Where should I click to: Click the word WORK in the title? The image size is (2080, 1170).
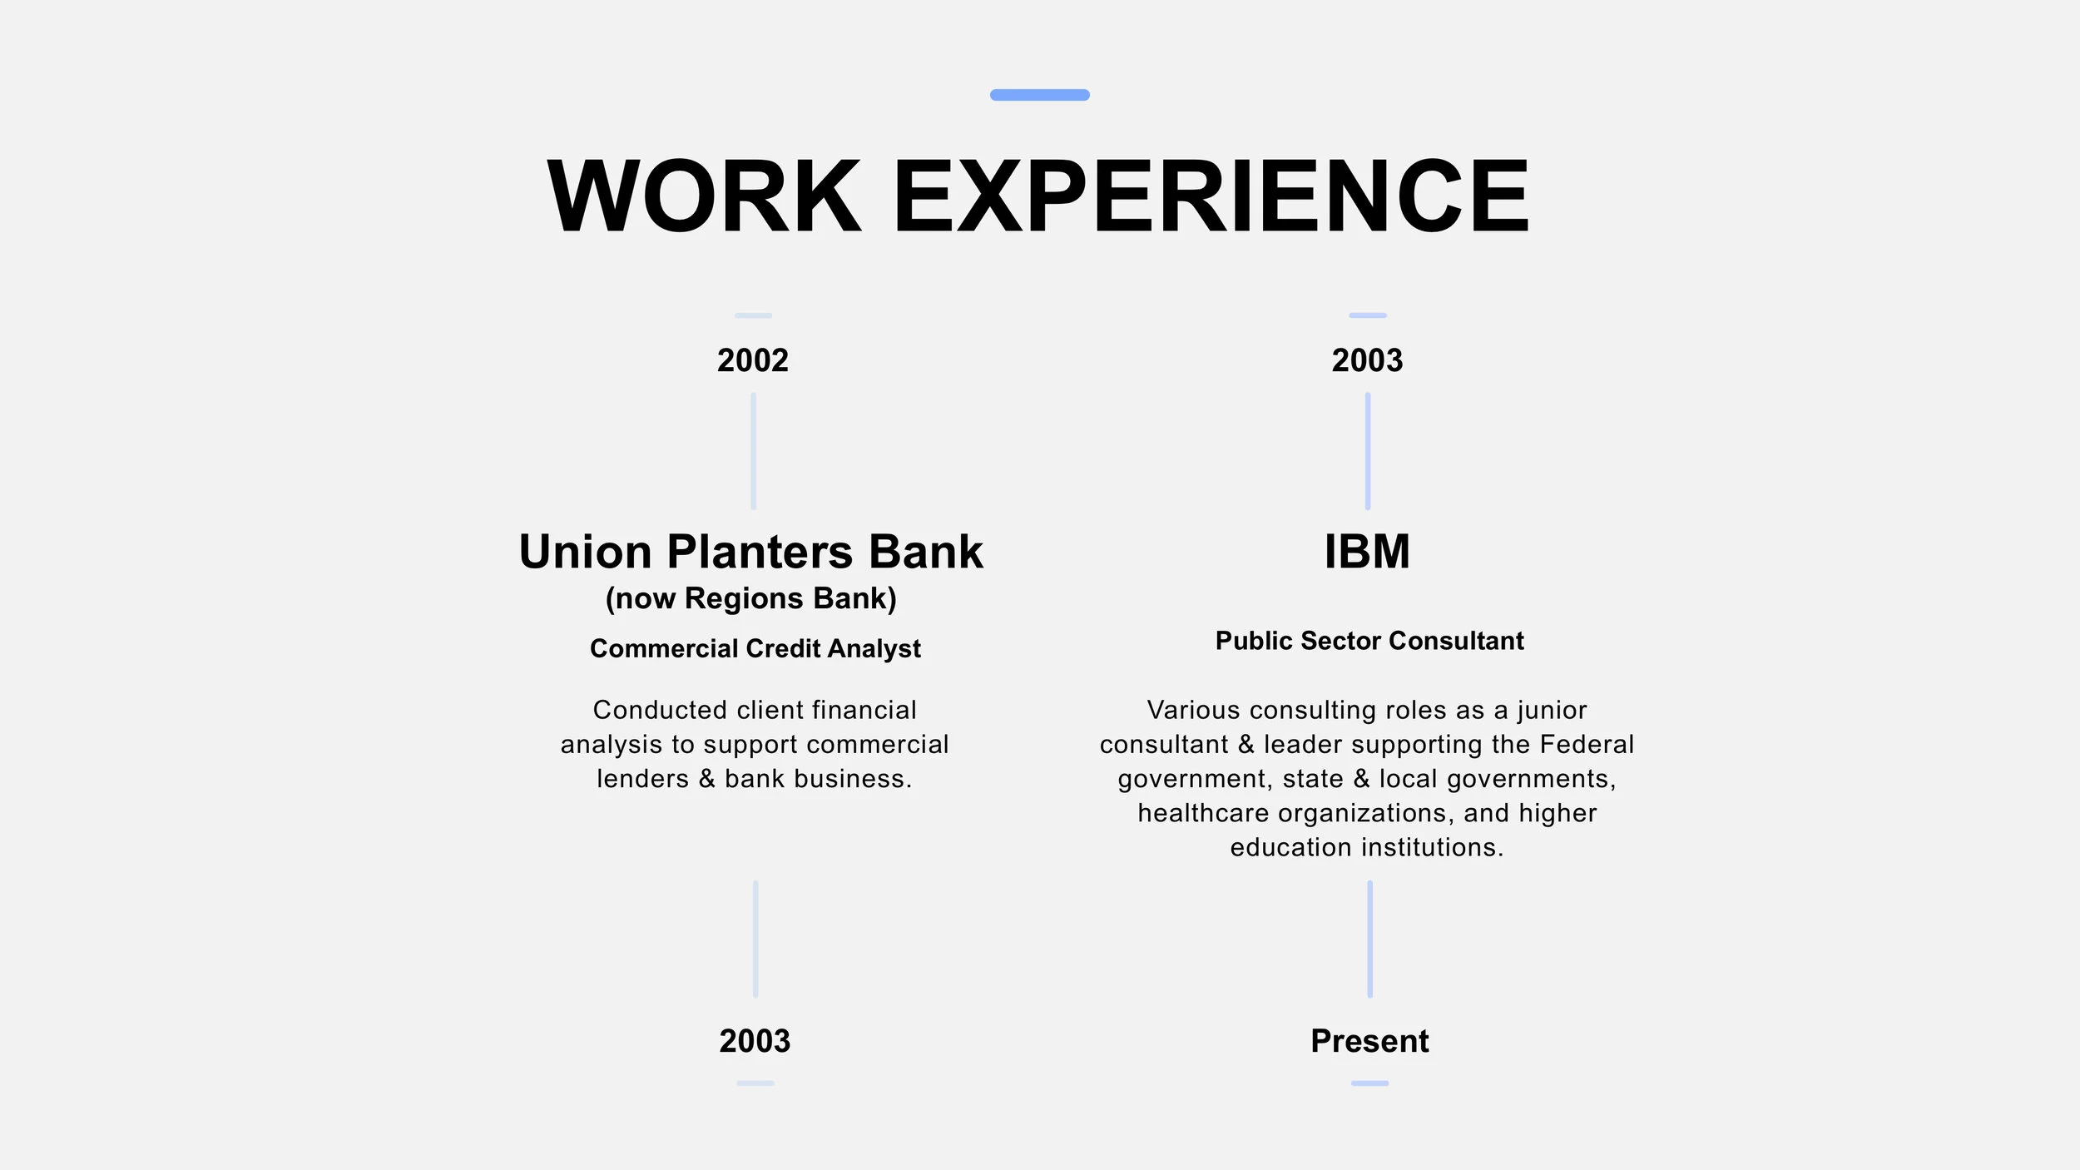click(704, 196)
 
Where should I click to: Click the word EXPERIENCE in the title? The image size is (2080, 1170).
click(1211, 196)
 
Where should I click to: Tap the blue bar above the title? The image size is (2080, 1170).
click(1039, 95)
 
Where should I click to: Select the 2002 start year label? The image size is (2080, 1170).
click(753, 360)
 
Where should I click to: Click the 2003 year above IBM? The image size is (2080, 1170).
click(1367, 360)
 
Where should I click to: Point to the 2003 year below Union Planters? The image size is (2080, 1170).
click(755, 1041)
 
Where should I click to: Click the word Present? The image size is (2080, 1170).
click(1369, 1041)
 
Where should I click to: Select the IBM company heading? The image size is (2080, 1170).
click(1367, 552)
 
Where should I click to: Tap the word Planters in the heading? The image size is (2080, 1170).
click(760, 552)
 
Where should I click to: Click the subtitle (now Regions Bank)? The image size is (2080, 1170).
click(750, 598)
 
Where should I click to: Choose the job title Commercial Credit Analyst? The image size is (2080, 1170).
click(755, 648)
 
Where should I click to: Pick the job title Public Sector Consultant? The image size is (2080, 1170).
click(1369, 641)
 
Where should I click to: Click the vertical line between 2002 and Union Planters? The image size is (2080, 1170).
click(754, 451)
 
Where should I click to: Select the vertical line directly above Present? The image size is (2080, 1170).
click(1369, 939)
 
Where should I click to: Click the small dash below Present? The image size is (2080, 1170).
click(1369, 1083)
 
